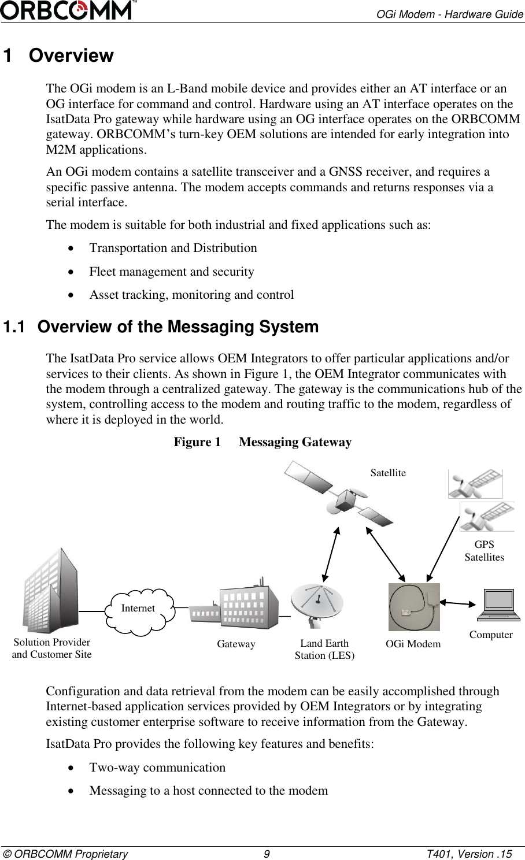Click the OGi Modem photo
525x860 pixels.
click(414, 607)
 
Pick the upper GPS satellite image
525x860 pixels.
click(475, 484)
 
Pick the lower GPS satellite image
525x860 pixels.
click(486, 517)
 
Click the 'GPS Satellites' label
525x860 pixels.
click(484, 551)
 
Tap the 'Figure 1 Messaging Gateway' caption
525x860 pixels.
click(262, 442)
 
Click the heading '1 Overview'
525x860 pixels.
click(58, 56)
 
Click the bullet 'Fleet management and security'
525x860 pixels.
click(171, 272)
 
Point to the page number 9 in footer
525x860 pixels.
click(266, 854)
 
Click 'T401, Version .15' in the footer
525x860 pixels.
click(468, 854)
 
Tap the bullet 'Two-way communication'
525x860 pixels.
click(157, 768)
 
